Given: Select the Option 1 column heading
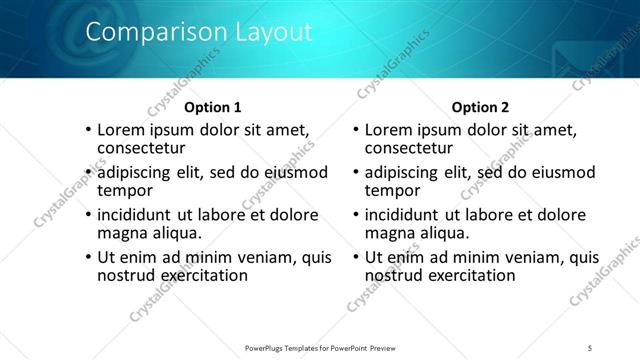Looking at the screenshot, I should click(213, 107).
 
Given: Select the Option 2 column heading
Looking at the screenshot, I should click(480, 107).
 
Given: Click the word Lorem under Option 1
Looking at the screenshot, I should click(120, 130).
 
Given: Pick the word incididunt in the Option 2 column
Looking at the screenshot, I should click(405, 215).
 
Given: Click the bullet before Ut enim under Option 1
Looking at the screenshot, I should click(89, 257).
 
